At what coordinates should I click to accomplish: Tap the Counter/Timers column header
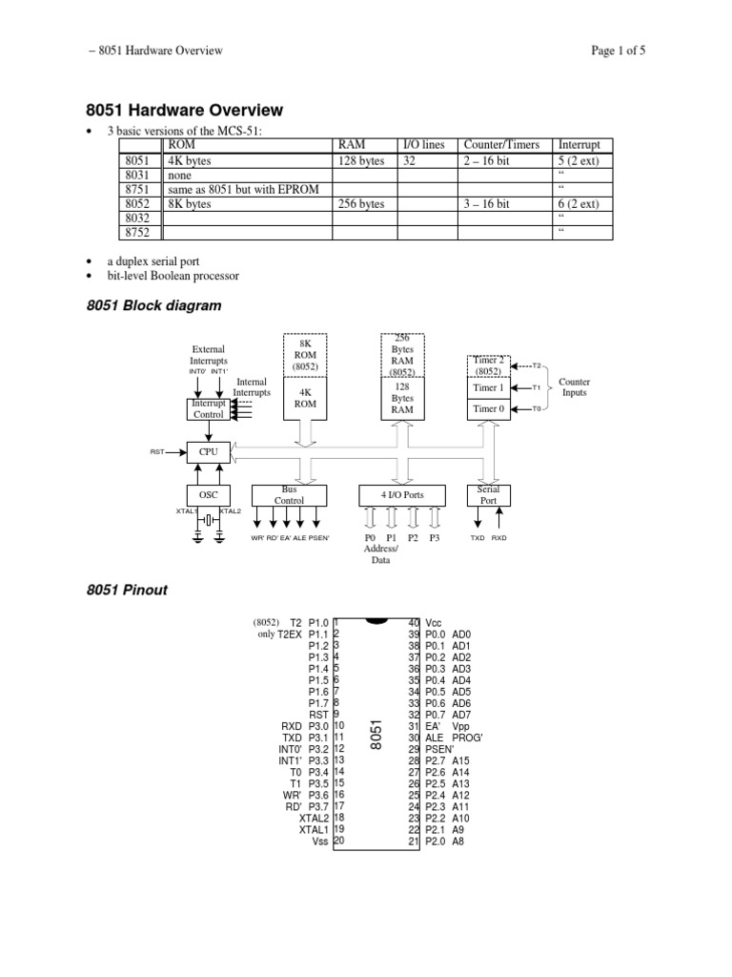coord(501,145)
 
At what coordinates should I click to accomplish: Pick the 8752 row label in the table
coord(136,234)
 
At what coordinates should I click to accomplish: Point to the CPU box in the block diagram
coord(208,451)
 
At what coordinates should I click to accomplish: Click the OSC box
coord(208,495)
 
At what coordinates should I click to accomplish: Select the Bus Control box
coord(289,494)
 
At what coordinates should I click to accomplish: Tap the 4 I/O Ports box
coord(403,495)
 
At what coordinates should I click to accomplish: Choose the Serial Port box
coord(488,494)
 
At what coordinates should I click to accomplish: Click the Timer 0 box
coord(487,408)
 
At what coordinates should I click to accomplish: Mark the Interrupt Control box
coord(208,409)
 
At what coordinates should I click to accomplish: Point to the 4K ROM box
coord(306,397)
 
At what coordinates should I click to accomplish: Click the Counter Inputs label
coord(575,387)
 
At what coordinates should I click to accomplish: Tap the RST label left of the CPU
coord(158,451)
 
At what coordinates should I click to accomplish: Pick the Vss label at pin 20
coord(319,841)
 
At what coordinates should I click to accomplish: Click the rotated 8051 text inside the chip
coord(376,736)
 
